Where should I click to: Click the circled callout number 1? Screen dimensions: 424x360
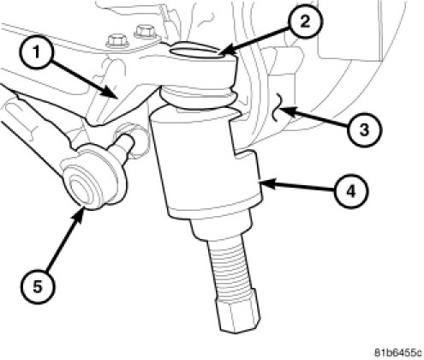(36, 52)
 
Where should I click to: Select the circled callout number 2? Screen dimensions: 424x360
(305, 21)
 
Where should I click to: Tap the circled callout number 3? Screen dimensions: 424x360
(364, 129)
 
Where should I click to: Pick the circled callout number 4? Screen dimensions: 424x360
(351, 191)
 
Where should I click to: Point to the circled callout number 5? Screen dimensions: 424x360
(37, 286)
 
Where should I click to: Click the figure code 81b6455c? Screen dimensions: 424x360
(398, 352)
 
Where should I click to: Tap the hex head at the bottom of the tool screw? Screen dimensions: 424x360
(237, 313)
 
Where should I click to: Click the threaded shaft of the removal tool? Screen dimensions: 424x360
(230, 264)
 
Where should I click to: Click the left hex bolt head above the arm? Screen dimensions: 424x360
(116, 41)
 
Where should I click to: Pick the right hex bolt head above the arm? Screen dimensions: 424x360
(146, 32)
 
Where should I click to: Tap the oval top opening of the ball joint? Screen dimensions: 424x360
(197, 51)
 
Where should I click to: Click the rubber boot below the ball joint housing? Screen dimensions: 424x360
(198, 98)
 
